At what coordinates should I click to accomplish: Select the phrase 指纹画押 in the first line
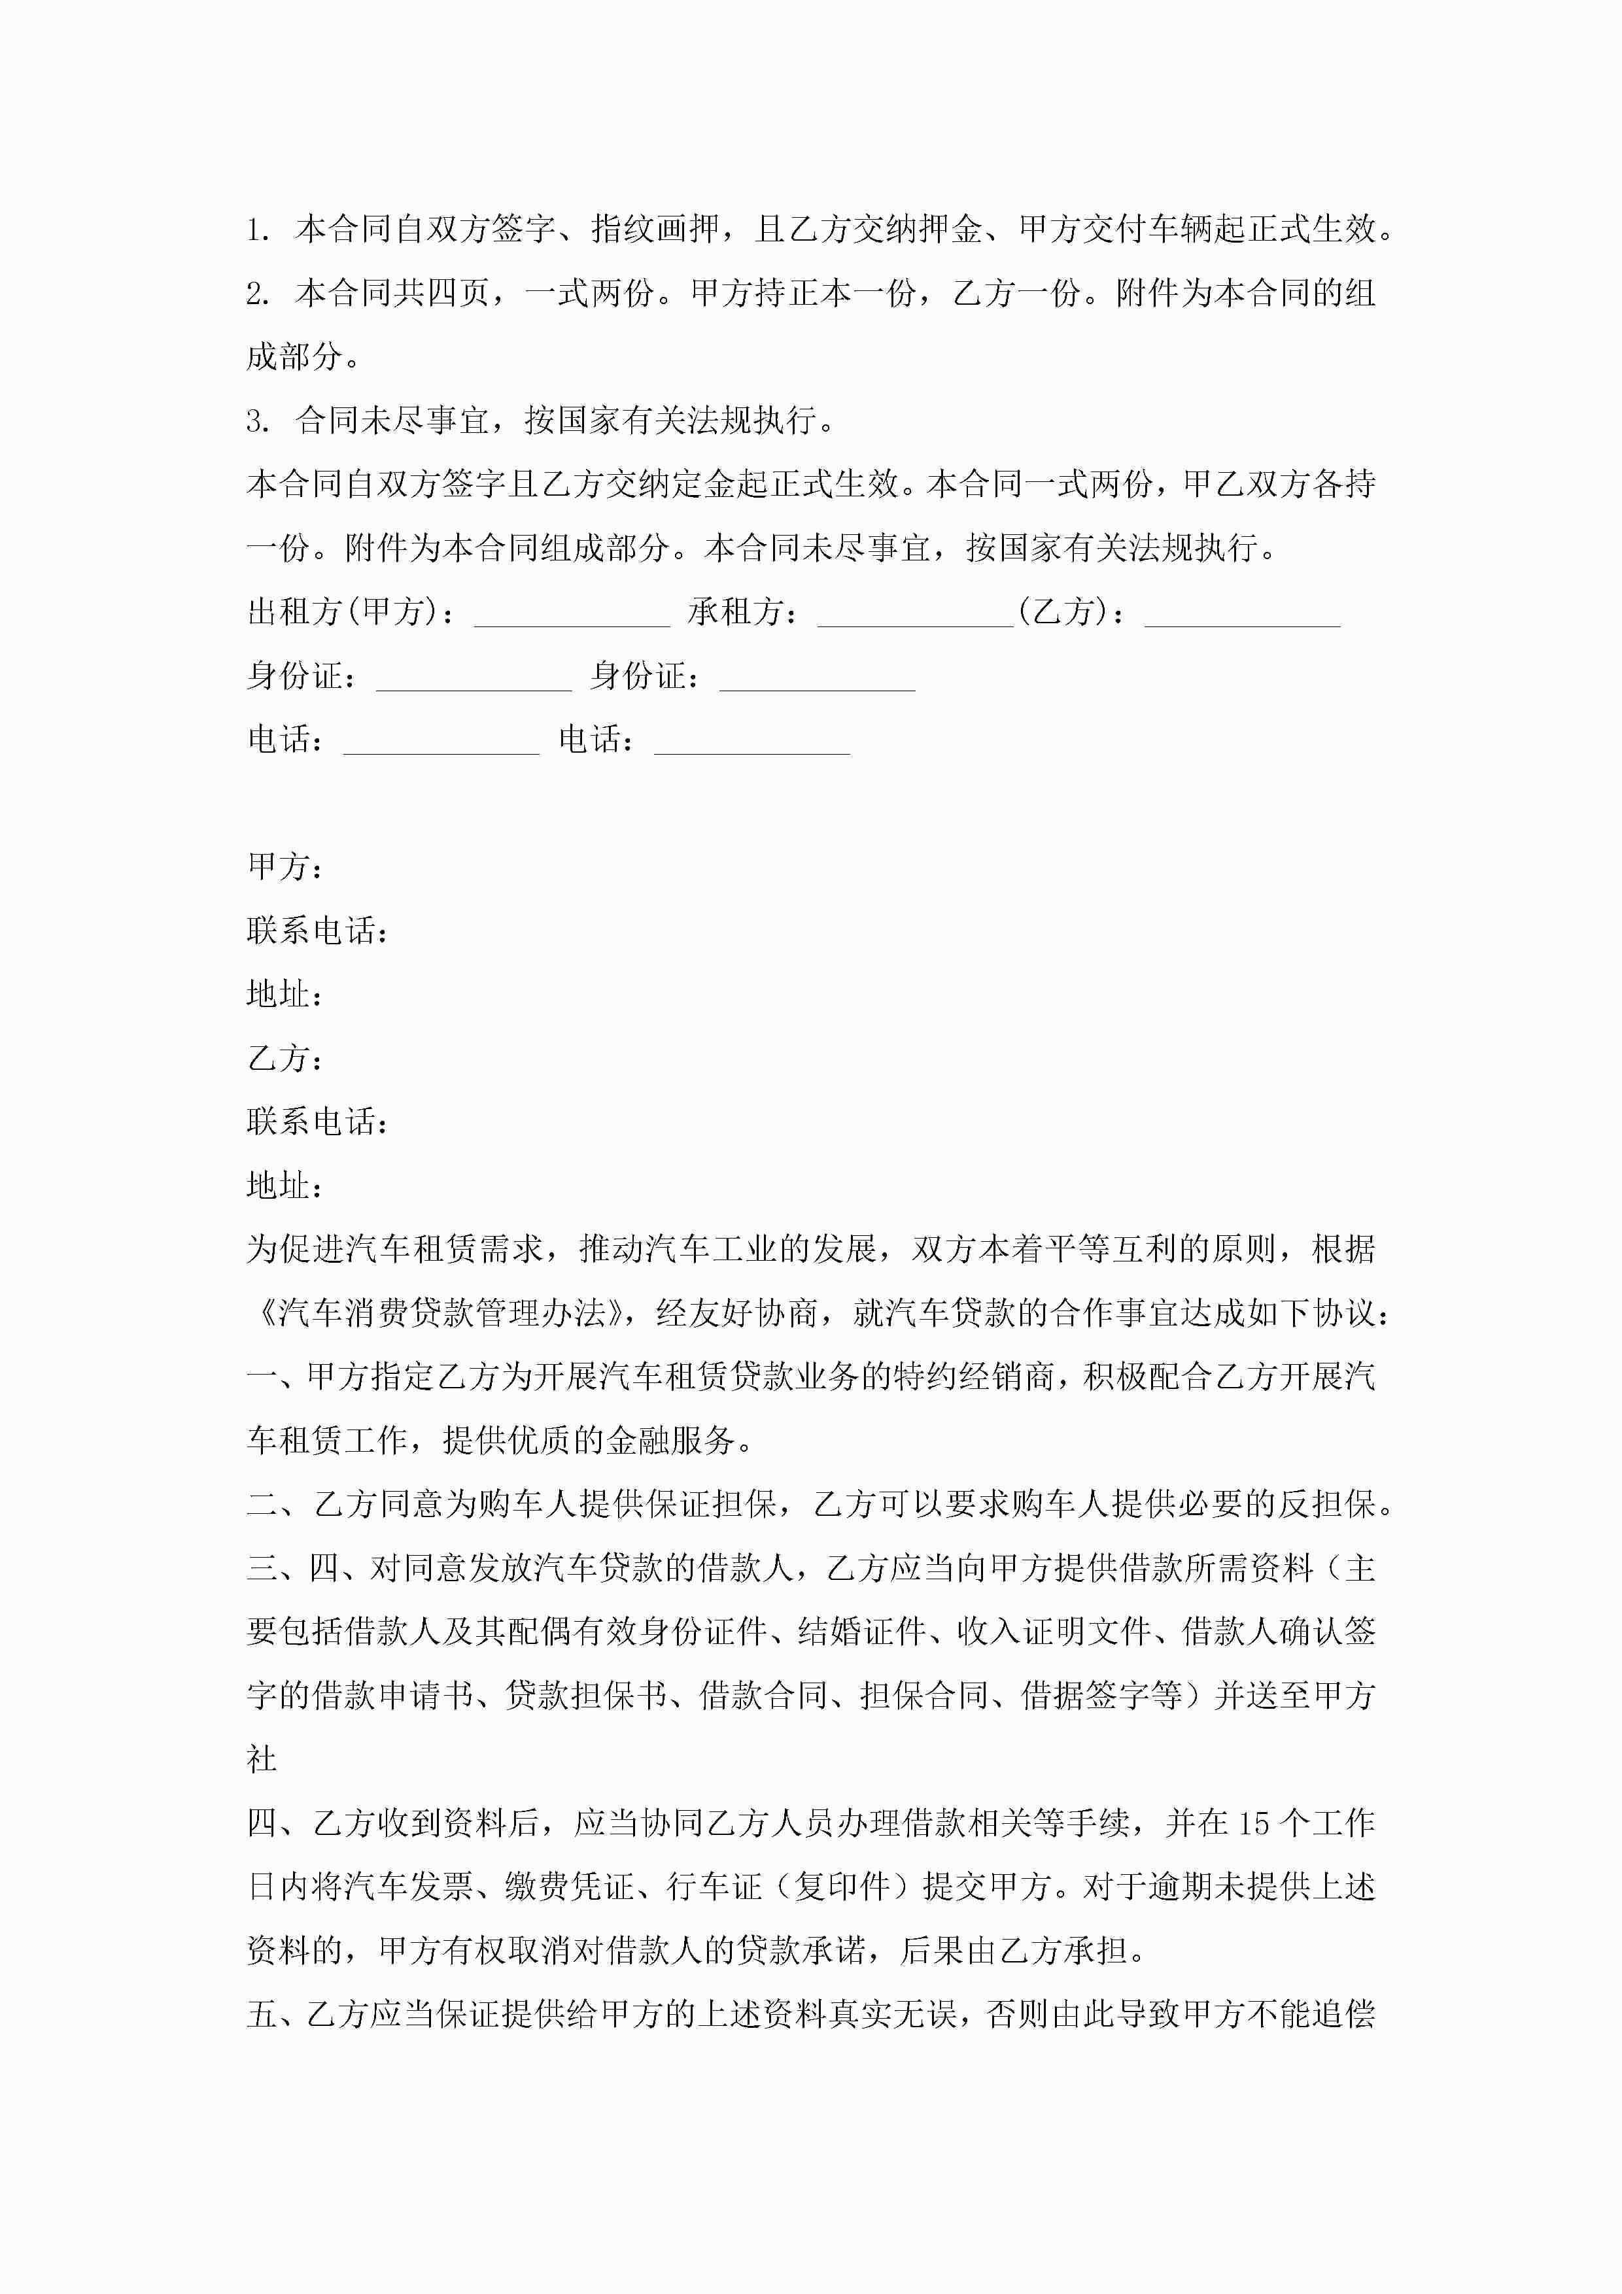click(x=655, y=230)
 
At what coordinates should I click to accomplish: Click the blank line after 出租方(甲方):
click(x=572, y=613)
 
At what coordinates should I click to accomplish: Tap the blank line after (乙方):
click(x=1241, y=613)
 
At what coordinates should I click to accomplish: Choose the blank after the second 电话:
click(x=751, y=740)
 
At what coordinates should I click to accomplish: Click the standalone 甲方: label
click(x=285, y=867)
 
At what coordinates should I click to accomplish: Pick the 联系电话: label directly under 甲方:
click(x=317, y=931)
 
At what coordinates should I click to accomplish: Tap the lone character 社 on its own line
click(x=262, y=1758)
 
